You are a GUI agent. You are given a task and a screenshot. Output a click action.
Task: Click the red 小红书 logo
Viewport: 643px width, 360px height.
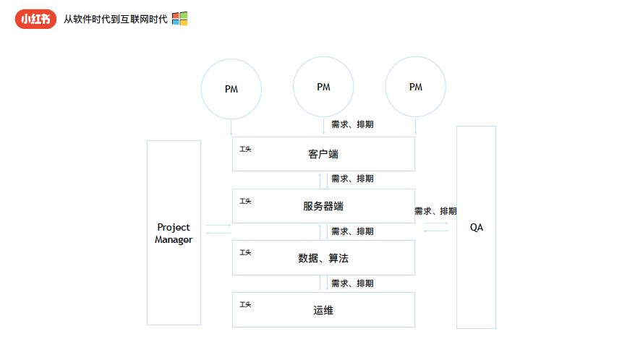[35, 19]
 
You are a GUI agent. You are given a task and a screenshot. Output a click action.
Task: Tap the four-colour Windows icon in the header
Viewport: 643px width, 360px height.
[179, 19]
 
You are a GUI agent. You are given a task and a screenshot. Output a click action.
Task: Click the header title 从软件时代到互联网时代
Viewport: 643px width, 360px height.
[115, 20]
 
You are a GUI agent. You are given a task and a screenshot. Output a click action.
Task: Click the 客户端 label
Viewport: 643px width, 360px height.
[323, 154]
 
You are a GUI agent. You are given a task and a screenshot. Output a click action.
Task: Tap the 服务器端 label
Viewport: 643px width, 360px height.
[323, 206]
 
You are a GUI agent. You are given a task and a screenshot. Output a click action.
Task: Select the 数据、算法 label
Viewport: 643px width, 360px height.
[323, 258]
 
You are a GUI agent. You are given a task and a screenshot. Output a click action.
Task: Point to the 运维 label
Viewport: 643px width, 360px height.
[323, 310]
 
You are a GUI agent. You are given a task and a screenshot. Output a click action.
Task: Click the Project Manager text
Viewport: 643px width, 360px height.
[174, 233]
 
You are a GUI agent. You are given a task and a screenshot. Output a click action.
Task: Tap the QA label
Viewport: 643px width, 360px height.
[477, 227]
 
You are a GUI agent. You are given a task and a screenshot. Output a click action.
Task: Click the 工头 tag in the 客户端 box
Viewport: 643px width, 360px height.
[245, 149]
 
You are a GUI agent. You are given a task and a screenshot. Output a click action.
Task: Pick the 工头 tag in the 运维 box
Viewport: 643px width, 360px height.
[245, 304]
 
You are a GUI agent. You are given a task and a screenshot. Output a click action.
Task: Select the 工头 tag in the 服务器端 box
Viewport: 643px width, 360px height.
[245, 201]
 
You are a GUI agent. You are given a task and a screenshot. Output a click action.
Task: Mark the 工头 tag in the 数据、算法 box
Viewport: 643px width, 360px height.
[245, 252]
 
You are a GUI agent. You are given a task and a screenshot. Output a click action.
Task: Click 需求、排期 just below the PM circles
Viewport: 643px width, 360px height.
[352, 124]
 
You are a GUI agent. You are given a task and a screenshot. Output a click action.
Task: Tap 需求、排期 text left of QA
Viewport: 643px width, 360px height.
[435, 211]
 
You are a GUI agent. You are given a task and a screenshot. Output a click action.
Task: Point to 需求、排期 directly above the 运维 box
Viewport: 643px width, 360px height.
[352, 283]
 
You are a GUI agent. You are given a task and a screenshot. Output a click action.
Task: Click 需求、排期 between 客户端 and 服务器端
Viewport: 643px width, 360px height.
[352, 179]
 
